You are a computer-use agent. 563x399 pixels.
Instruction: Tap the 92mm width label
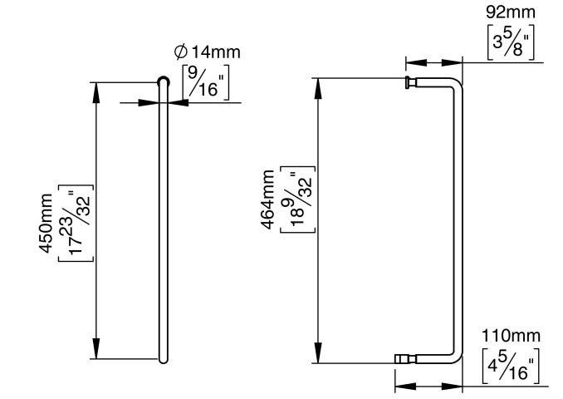coord(509,13)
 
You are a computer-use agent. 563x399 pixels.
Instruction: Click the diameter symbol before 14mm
coord(181,53)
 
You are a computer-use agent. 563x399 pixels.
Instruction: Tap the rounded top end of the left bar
coord(164,81)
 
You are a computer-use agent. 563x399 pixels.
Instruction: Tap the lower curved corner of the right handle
coord(453,355)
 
